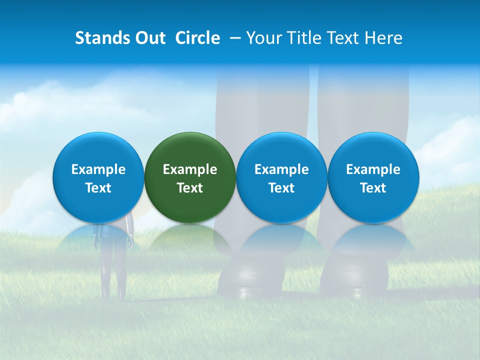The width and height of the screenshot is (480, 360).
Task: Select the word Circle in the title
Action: tap(197, 38)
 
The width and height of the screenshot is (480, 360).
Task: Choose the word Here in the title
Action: tap(384, 38)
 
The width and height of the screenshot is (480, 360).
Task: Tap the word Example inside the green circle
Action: tap(190, 169)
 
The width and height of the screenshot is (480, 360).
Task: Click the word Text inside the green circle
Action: tap(190, 188)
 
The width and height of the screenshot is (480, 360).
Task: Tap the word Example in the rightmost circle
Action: tap(373, 169)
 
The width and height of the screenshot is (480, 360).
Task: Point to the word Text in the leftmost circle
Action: tap(98, 188)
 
